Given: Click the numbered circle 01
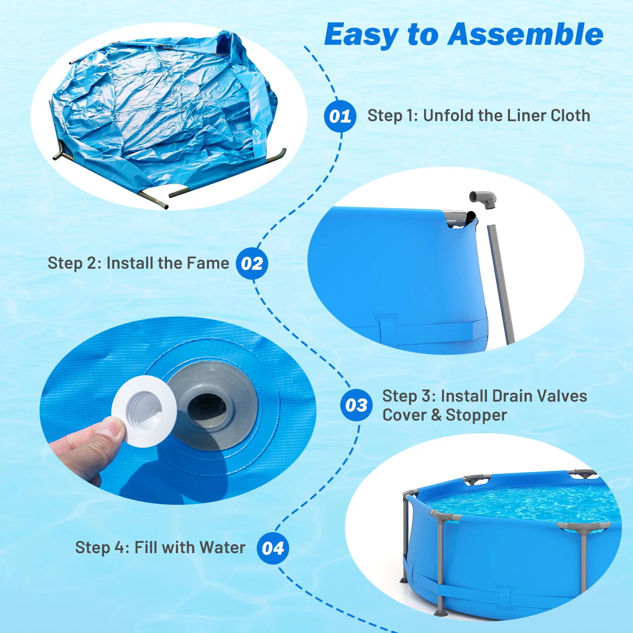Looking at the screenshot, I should [x=340, y=116].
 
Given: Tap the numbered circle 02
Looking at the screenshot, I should [x=252, y=263].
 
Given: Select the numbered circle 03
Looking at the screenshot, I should [x=356, y=405].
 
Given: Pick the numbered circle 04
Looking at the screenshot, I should [x=273, y=548].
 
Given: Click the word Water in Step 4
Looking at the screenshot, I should [x=222, y=548].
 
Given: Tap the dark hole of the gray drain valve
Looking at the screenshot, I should [x=207, y=407].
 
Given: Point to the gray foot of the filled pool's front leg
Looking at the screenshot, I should [x=440, y=612].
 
